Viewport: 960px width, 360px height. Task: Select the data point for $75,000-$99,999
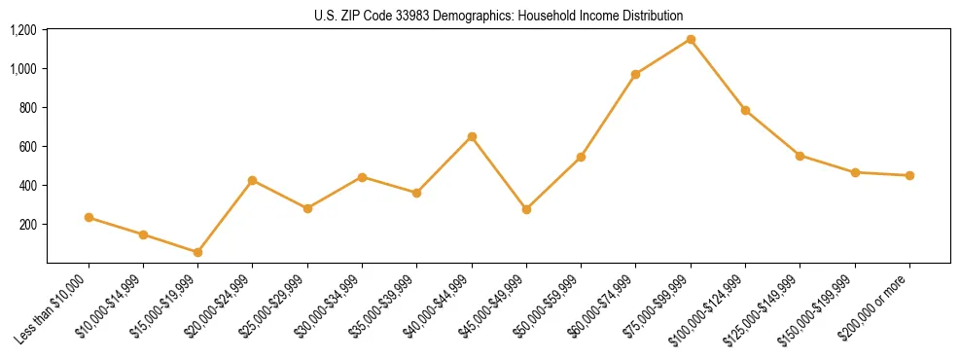tap(691, 39)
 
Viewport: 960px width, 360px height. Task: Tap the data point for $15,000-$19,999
tap(197, 252)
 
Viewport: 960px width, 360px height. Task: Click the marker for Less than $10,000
tap(89, 217)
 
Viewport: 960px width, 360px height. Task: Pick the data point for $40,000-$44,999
tap(472, 136)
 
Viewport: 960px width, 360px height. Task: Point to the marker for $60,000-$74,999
tap(635, 74)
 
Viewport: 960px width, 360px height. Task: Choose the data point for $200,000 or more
tap(909, 175)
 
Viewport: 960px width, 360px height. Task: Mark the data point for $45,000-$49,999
tap(526, 209)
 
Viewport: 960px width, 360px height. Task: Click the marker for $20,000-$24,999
tap(252, 180)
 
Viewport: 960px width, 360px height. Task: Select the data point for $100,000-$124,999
tap(745, 110)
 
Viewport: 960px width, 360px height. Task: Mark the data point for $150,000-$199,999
tap(855, 172)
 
